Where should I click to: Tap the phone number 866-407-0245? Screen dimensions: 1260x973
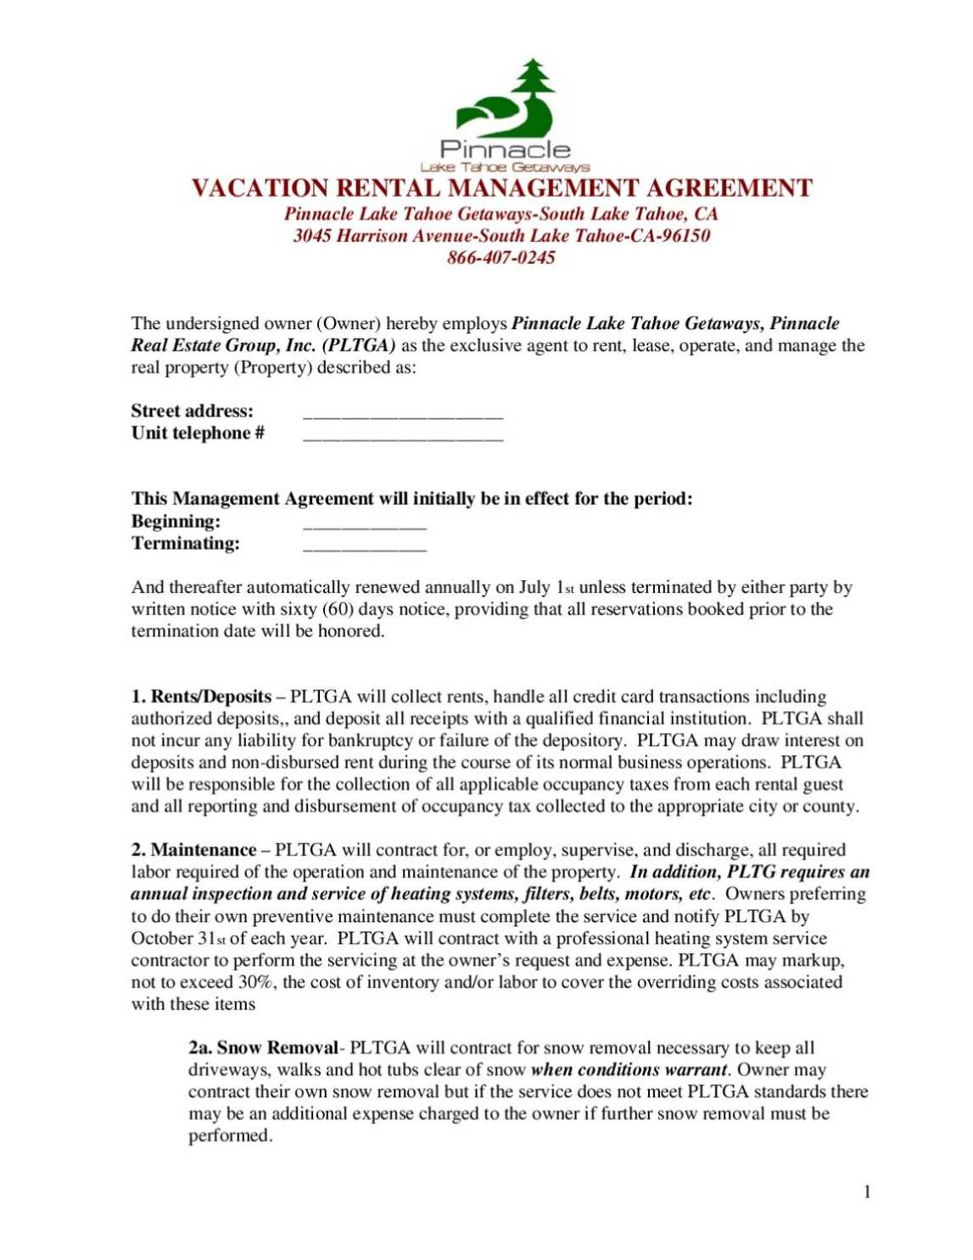pyautogui.click(x=501, y=258)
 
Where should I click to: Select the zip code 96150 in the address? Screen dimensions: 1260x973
pyautogui.click(x=686, y=236)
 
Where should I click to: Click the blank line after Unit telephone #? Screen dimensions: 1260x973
pyautogui.click(x=403, y=439)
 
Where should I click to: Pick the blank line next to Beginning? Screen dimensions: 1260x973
pyautogui.click(x=365, y=527)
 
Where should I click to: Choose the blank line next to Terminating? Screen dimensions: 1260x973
pyautogui.click(x=365, y=549)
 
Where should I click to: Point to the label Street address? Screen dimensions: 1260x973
pyautogui.click(x=192, y=412)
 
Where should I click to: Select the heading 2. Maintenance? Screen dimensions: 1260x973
pyautogui.click(x=193, y=850)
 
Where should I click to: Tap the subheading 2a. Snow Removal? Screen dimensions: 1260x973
pyautogui.click(x=263, y=1049)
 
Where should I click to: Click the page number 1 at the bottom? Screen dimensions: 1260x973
pyautogui.click(x=867, y=1192)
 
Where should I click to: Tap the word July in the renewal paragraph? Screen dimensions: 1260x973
pyautogui.click(x=534, y=588)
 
